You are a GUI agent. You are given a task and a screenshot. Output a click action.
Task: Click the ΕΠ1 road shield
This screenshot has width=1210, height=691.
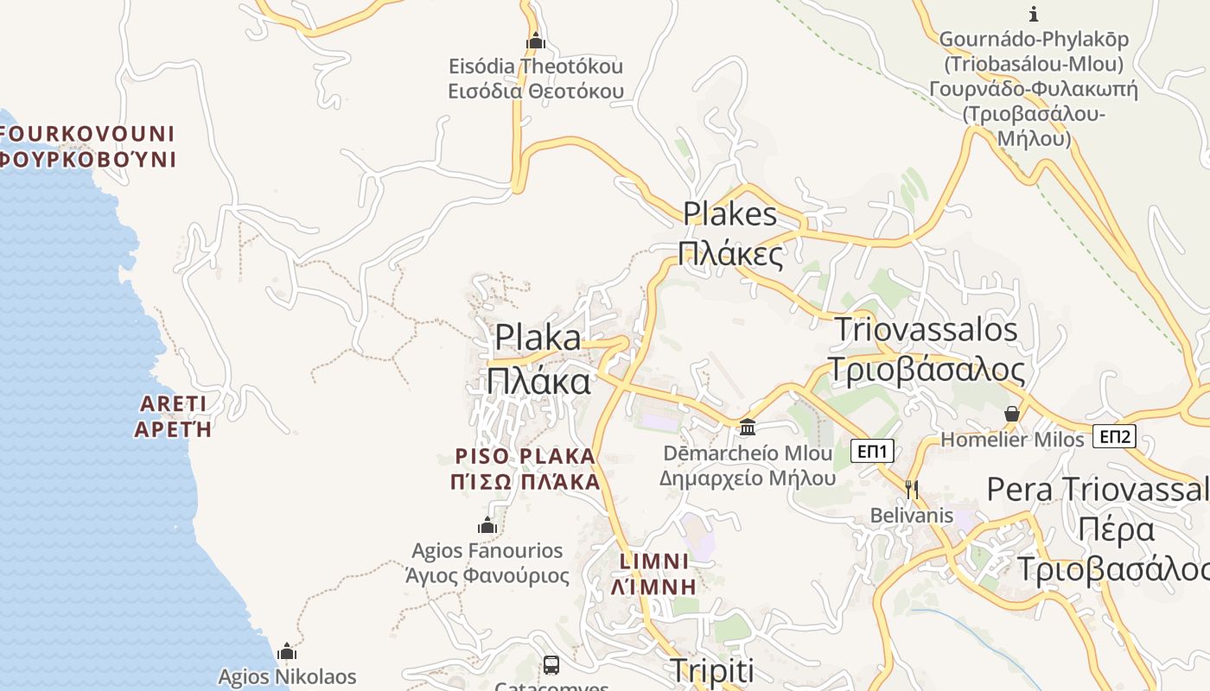[x=872, y=450]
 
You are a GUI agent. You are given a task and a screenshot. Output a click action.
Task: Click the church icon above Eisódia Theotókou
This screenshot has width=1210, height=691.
[x=536, y=41]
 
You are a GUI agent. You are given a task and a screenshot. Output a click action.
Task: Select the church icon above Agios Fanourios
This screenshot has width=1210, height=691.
[x=487, y=525]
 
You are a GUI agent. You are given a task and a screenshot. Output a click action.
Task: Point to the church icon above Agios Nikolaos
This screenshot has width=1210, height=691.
[x=287, y=651]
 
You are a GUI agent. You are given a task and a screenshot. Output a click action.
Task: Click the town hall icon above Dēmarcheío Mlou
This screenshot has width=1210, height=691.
[x=748, y=427]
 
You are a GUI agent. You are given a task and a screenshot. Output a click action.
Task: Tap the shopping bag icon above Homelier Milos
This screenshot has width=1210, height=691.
[x=1012, y=414]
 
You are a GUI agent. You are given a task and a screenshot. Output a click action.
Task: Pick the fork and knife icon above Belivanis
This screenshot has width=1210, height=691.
[x=911, y=490]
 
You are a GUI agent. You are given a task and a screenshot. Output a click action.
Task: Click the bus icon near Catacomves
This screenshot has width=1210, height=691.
[x=551, y=665]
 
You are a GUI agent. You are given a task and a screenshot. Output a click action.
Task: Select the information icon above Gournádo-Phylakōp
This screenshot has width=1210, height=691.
[x=1033, y=14]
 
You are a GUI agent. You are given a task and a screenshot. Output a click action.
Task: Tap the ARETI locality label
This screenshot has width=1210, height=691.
[x=173, y=403]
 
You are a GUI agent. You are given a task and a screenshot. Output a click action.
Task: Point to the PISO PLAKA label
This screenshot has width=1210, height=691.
[x=525, y=456]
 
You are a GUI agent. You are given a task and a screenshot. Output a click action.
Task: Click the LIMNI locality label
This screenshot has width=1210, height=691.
[x=653, y=561]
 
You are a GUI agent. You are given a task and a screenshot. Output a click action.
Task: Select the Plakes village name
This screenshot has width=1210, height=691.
[x=729, y=213]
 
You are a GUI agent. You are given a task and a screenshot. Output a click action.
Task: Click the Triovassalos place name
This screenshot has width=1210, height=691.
[x=926, y=330]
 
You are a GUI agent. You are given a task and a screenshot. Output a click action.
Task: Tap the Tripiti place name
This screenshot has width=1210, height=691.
[x=712, y=670]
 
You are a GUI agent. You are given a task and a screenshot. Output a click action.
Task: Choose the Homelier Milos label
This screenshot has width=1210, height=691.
[x=1012, y=440]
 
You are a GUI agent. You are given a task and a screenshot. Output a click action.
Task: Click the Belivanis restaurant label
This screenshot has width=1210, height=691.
[x=911, y=516]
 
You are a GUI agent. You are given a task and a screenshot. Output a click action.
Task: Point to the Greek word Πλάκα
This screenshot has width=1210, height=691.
[x=538, y=381]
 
